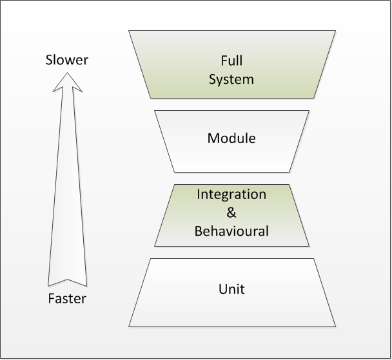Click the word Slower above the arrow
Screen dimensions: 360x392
coord(67,61)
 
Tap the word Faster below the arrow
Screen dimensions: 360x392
coord(67,299)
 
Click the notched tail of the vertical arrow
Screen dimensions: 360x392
coord(67,282)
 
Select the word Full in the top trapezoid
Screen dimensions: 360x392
coord(231,61)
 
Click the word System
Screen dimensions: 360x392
coord(231,80)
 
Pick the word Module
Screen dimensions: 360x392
coord(231,138)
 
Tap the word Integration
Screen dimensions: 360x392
coord(231,194)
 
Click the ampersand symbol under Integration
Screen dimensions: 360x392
coord(231,212)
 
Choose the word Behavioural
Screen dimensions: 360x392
coord(231,231)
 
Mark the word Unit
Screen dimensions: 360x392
coord(231,289)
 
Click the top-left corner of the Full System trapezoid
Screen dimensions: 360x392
coord(129,31)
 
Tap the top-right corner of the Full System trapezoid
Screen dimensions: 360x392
coord(335,31)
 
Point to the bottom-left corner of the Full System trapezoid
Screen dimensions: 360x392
coord(150,98)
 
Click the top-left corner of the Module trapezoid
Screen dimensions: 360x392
coord(155,111)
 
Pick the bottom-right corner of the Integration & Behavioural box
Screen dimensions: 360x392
coord(309,245)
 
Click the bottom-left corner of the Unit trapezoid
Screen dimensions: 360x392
coord(129,326)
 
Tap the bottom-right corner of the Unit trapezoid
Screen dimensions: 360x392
coord(335,326)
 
